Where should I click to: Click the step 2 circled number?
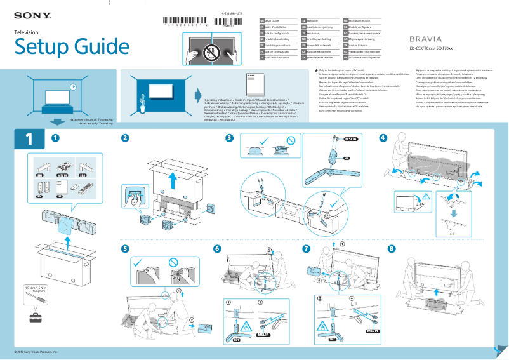click(126, 138)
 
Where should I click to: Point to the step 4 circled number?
click(383, 138)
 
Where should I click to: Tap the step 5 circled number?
click(126, 248)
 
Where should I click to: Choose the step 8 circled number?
click(391, 248)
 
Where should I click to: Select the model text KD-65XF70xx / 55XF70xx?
click(431, 49)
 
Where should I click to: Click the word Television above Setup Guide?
click(27, 32)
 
